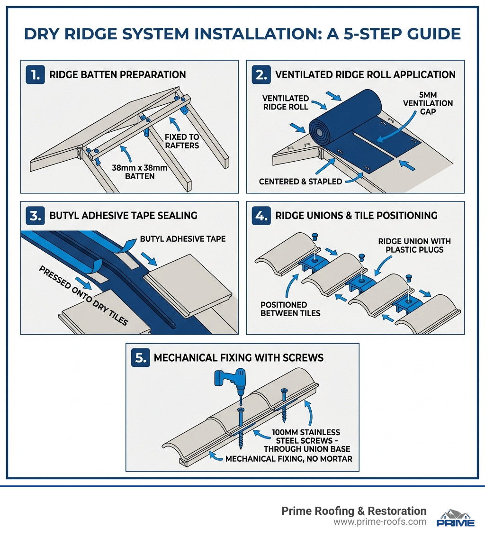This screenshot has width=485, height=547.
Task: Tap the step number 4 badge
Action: click(x=262, y=216)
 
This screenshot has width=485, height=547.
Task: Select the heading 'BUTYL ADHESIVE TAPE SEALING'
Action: click(x=123, y=216)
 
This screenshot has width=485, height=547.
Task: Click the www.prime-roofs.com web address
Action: click(x=380, y=522)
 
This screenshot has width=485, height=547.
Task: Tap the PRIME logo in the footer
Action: click(x=455, y=518)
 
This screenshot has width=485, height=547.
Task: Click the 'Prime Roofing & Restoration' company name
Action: click(x=354, y=511)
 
